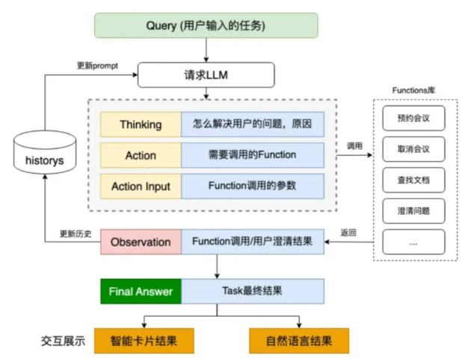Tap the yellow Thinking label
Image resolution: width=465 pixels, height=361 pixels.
point(141,125)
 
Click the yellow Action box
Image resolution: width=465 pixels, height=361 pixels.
point(141,155)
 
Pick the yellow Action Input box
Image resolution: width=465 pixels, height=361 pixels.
point(141,186)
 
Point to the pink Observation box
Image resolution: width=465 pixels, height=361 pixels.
point(141,242)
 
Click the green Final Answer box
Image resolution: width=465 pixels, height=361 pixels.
point(141,291)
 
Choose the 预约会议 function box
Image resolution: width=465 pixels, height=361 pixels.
point(413,118)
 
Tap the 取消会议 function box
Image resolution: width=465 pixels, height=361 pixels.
point(413,148)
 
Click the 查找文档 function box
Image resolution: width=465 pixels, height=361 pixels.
point(413,180)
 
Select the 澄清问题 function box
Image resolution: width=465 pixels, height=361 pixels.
point(413,210)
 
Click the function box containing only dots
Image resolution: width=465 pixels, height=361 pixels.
point(413,241)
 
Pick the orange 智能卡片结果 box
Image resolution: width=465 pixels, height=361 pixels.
point(144,341)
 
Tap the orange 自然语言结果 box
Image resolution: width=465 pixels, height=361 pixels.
point(298,341)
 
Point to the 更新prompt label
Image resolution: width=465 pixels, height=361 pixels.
point(98,64)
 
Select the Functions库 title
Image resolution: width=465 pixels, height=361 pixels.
point(413,91)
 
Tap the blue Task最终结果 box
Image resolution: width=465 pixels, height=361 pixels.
point(253,291)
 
